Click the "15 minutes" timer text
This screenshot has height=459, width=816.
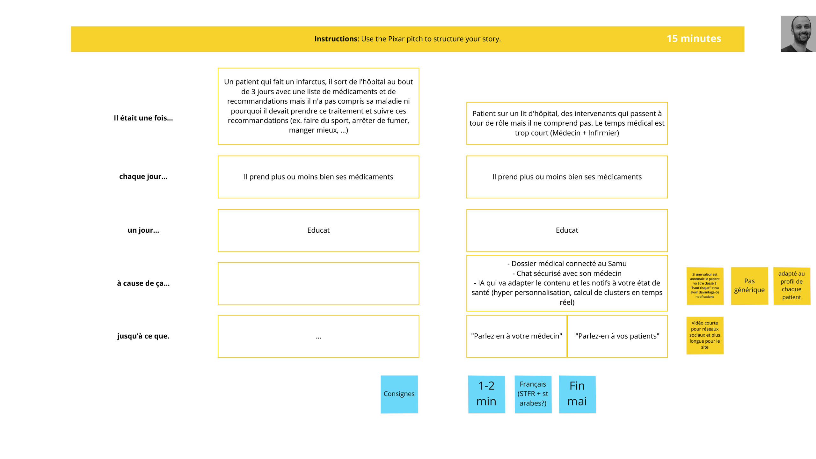(694, 39)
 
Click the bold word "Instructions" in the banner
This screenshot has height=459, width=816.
(335, 39)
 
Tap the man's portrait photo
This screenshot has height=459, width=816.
(798, 34)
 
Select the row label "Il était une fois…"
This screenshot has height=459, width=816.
(143, 118)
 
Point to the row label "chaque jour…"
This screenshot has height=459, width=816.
(143, 177)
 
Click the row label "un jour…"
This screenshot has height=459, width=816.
(143, 230)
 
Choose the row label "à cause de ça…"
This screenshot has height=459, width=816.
(143, 283)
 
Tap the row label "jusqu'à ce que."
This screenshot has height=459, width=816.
(143, 336)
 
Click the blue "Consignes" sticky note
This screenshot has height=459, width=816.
(399, 394)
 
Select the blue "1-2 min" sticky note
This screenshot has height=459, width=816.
(486, 394)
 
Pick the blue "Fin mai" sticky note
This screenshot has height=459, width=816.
(577, 394)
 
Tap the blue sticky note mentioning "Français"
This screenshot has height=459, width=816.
(533, 394)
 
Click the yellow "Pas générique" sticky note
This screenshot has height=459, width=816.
(749, 286)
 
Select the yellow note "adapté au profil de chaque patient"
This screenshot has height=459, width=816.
(791, 286)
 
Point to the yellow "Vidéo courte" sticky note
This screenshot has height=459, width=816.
(705, 335)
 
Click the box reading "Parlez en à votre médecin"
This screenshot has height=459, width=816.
(516, 336)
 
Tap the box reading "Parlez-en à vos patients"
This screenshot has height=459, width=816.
(617, 336)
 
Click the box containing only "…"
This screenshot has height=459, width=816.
(318, 336)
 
